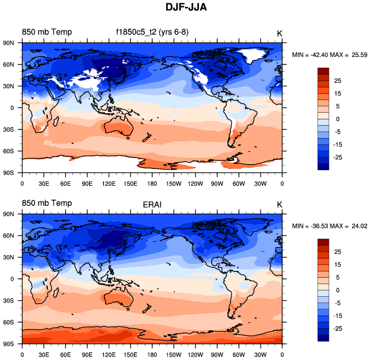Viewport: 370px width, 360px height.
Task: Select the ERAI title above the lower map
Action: point(152,204)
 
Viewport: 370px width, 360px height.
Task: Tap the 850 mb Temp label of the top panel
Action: point(47,32)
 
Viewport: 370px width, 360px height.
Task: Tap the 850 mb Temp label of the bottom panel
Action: point(47,203)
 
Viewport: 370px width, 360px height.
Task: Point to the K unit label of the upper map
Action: point(279,33)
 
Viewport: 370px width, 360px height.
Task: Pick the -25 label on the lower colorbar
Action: point(337,328)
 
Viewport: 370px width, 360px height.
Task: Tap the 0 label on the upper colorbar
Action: point(337,118)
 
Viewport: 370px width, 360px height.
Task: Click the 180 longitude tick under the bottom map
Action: point(152,355)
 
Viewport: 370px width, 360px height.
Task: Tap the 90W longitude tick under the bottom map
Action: point(217,355)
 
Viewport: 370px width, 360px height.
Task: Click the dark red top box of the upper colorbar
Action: point(323,71)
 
